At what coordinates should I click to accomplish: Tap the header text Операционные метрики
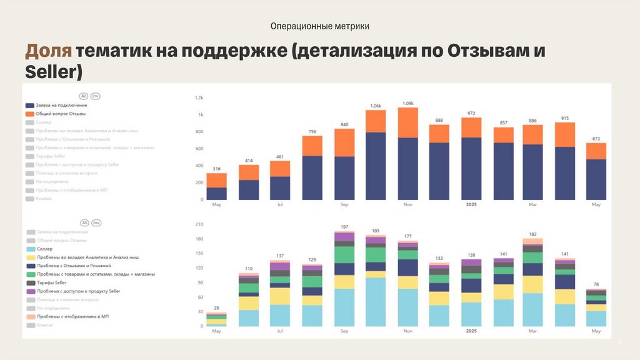pos(319,26)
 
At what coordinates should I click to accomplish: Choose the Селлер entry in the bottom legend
pos(44,249)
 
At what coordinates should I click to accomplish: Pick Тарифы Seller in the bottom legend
pos(51,282)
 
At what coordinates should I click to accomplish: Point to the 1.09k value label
pos(407,103)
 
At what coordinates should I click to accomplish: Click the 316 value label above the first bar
pos(216,169)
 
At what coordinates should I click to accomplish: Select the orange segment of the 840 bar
pos(344,142)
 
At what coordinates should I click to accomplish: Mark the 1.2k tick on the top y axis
pos(199,98)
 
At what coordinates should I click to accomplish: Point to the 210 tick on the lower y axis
pos(199,224)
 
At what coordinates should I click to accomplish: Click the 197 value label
pos(344,227)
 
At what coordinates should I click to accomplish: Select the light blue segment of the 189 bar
pos(376,302)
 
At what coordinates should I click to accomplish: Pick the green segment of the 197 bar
pos(344,254)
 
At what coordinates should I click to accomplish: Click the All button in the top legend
pos(83,96)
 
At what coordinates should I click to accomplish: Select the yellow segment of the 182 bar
pos(532,284)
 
